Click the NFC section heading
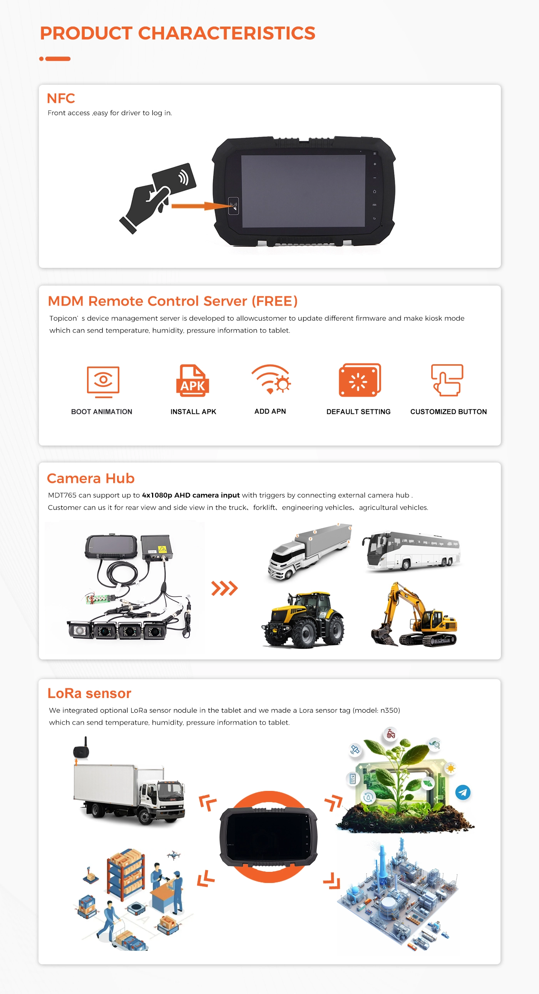(60, 98)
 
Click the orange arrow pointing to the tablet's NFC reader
(200, 206)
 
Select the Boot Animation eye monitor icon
(103, 382)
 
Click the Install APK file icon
(193, 380)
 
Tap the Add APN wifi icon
(271, 379)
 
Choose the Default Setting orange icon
(360, 380)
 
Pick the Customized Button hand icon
(447, 380)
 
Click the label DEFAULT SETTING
(358, 412)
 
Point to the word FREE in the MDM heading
(275, 301)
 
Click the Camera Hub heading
(90, 478)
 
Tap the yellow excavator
(414, 614)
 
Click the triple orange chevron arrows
(224, 588)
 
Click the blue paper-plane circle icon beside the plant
(463, 792)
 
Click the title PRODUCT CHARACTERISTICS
(177, 33)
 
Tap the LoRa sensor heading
(89, 693)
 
